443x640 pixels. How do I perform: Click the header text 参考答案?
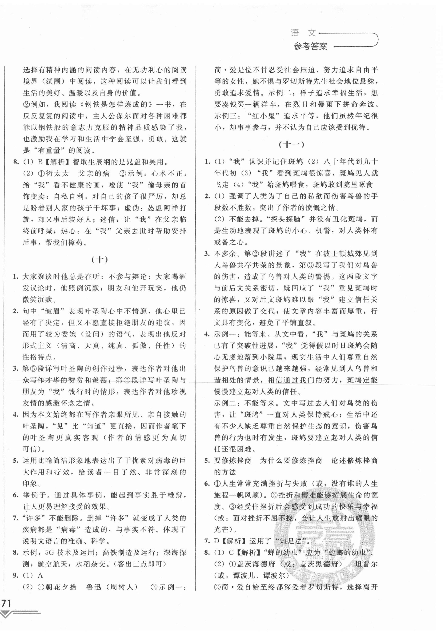[310, 46]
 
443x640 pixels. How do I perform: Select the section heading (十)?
[99, 260]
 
